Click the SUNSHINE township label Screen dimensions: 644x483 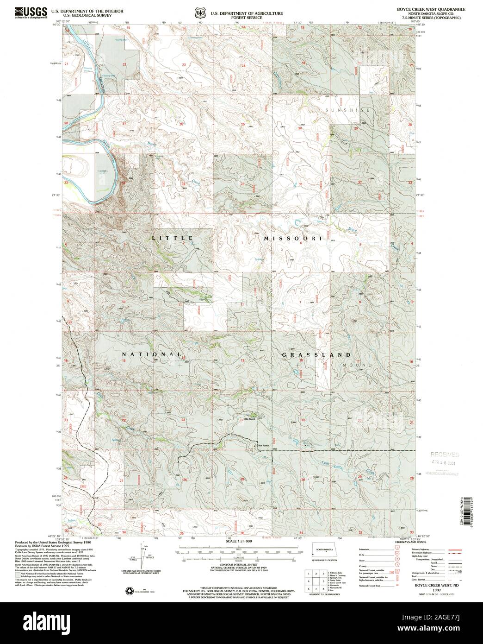(354, 110)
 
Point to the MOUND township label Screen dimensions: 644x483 (357, 365)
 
